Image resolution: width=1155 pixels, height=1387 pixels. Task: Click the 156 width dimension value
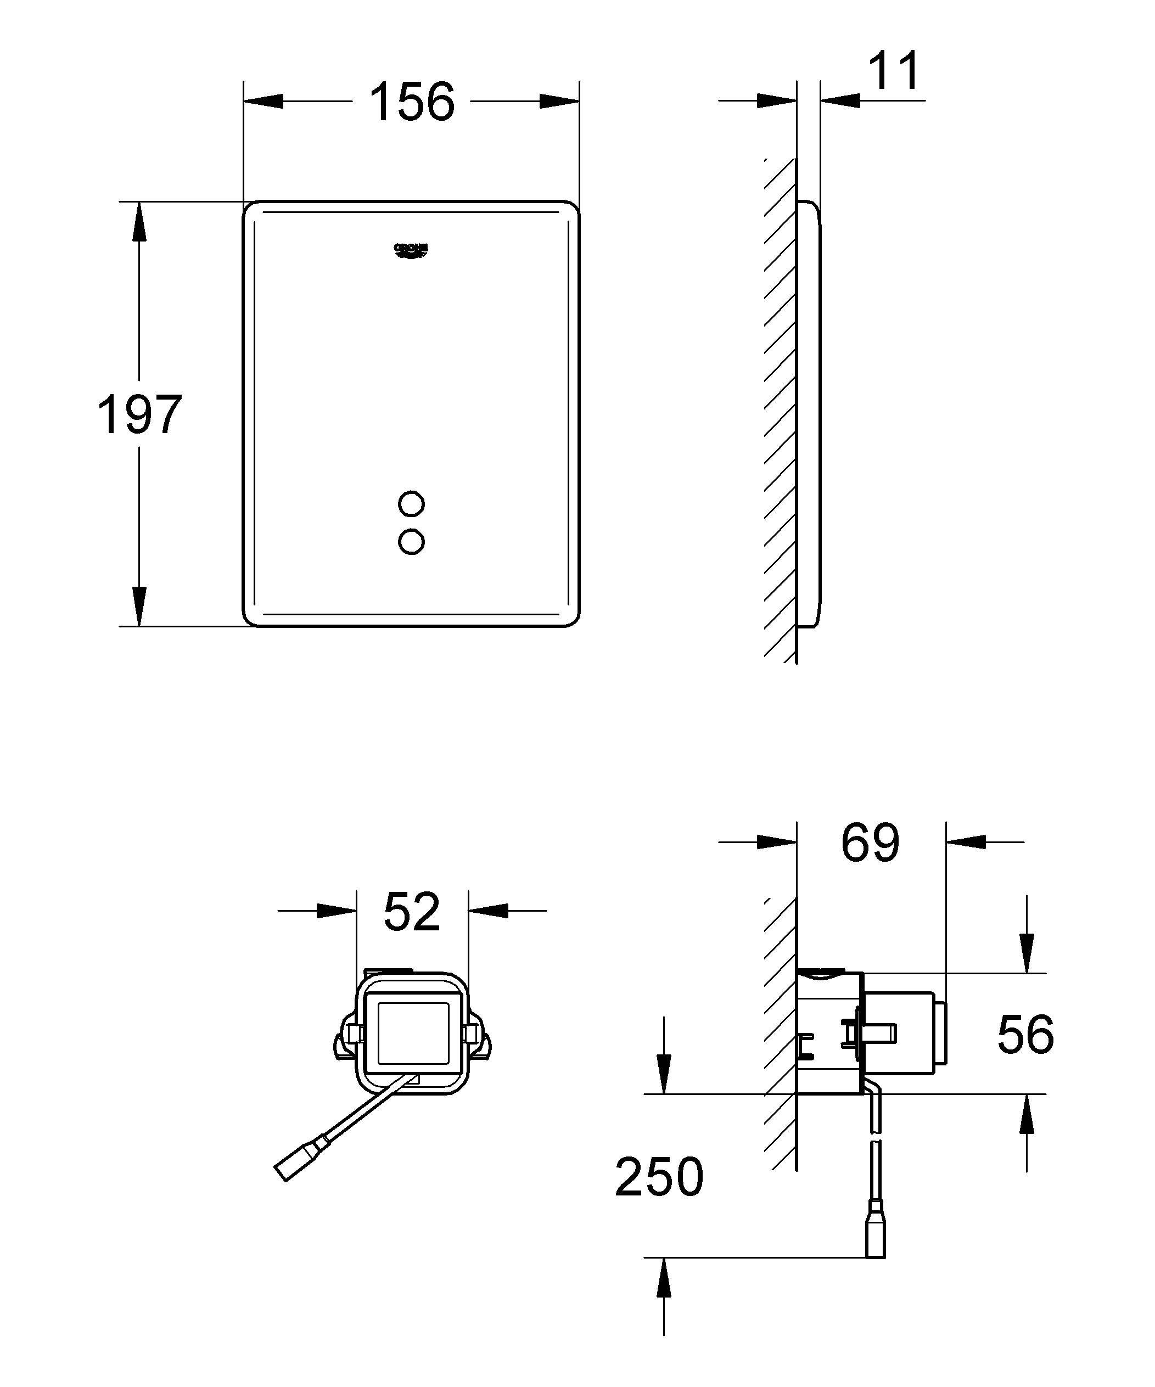412,103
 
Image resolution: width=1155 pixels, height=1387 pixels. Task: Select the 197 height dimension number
139,415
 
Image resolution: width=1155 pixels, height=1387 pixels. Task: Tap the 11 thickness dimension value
893,71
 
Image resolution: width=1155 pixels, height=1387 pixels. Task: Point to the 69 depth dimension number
870,843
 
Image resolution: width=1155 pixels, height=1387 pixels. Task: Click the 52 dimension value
412,912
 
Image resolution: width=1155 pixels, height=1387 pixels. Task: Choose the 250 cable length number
659,1177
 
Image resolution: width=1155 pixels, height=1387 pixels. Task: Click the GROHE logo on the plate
412,251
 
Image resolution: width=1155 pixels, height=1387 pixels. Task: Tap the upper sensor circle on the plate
411,504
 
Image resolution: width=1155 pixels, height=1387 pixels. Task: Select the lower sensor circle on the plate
411,542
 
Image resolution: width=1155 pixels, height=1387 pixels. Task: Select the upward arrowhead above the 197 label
139,221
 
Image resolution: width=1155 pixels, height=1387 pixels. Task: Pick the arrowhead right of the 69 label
967,842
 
